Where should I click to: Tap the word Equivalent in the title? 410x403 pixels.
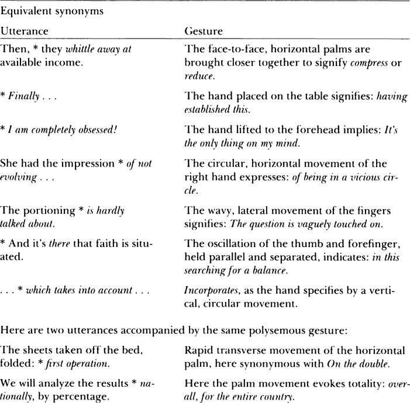[x=25, y=8]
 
